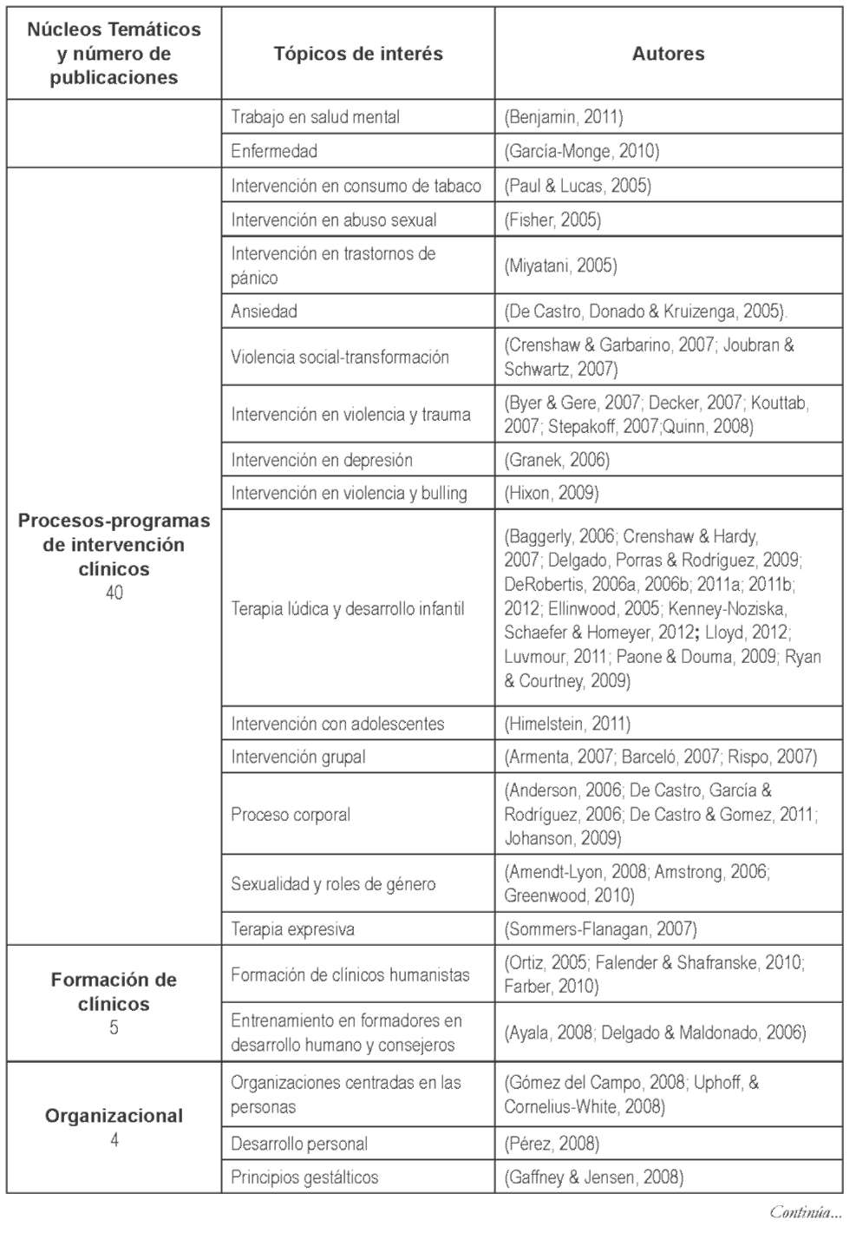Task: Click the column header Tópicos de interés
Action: coord(358,54)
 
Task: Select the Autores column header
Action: coord(668,54)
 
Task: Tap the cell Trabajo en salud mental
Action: coord(315,117)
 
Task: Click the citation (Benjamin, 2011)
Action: coord(564,117)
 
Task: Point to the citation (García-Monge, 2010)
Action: coord(582,151)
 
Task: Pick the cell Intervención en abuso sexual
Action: coord(334,220)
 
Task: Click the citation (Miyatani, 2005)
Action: coord(561,266)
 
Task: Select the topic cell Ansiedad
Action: coord(265,312)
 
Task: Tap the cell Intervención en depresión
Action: coord(322,460)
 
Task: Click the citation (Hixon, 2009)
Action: coord(552,493)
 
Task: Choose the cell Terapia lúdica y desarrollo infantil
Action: coord(348,608)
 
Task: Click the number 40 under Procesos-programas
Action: coord(114,593)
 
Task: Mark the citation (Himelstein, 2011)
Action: coord(567,724)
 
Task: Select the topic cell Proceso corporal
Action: coord(291,815)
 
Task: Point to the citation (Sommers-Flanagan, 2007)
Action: coord(600,929)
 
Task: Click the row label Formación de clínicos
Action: coord(114,992)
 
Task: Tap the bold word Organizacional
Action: coord(114,1116)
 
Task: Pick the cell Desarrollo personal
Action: coord(299,1144)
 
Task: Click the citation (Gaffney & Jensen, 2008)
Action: coord(594,1177)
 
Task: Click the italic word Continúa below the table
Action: coord(805,1212)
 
